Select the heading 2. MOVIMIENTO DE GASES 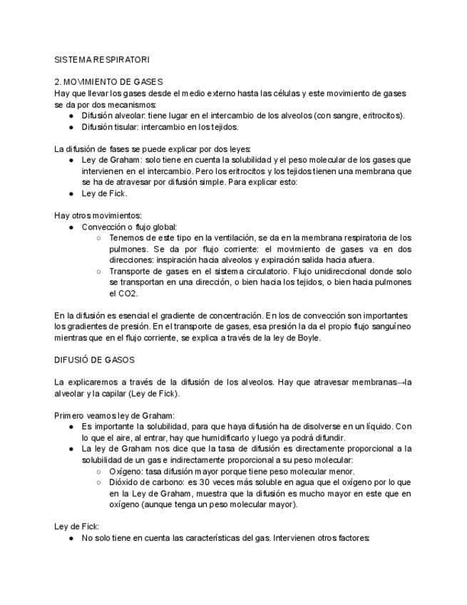(x=109, y=82)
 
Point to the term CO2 (x=120, y=293)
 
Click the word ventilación (x=215, y=237)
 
